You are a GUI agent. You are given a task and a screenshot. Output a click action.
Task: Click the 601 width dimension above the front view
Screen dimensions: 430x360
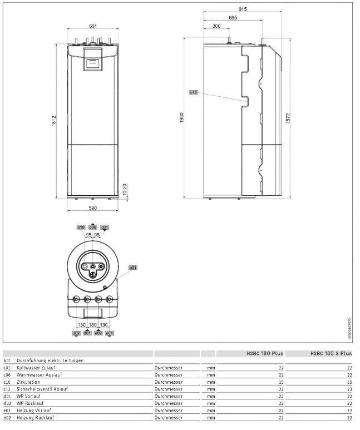pos(93,26)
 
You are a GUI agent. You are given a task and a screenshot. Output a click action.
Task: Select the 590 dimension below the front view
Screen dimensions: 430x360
pos(93,208)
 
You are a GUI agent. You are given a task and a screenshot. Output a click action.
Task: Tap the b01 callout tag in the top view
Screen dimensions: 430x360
pos(132,268)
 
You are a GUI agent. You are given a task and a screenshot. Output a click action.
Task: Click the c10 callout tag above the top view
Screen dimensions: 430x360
pos(81,228)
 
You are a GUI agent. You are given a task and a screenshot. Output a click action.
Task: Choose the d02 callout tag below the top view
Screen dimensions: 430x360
pos(76,333)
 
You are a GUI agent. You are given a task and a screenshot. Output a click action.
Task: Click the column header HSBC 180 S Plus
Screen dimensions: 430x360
pos(331,353)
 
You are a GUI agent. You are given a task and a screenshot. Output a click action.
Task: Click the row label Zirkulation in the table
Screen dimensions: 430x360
pos(29,382)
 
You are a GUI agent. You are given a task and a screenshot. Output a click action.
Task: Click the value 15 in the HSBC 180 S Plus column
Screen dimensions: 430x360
pos(349,382)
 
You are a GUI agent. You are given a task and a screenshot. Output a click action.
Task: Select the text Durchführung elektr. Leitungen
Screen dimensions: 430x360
pos(50,360)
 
